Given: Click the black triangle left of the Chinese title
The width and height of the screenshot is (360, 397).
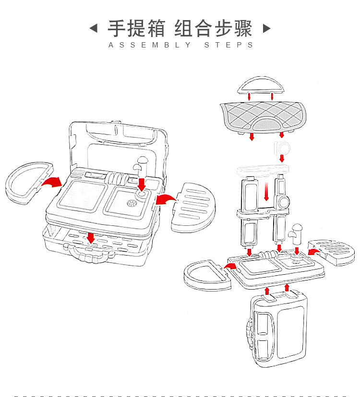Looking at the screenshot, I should click(x=94, y=28).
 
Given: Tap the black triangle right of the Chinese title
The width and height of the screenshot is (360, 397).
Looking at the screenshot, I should click(x=266, y=28).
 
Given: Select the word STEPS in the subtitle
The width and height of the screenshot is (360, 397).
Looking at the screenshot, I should click(x=229, y=45).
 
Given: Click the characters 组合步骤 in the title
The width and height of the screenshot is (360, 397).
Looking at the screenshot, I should click(x=213, y=28).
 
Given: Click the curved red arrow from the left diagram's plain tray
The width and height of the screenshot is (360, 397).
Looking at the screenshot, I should click(x=50, y=183).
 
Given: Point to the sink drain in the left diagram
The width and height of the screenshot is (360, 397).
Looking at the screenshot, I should click(x=131, y=204).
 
